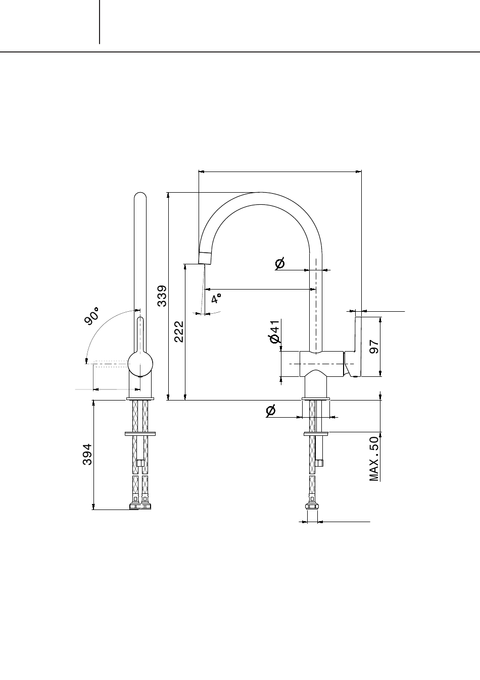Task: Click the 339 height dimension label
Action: [x=162, y=296]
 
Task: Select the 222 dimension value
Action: [x=179, y=331]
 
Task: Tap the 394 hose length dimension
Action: [x=87, y=454]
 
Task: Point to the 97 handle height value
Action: [x=374, y=347]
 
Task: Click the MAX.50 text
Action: [x=374, y=459]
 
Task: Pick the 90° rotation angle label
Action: [x=92, y=317]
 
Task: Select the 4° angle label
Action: [x=216, y=299]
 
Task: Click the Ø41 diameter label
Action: [x=274, y=332]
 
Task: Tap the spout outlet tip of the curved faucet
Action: [x=205, y=258]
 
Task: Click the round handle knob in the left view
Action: [x=140, y=363]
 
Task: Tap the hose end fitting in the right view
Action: [x=312, y=506]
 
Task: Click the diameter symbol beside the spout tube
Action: [x=279, y=263]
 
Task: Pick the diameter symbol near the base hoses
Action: [x=270, y=411]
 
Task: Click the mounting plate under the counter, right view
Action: [x=316, y=433]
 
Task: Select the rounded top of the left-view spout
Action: [x=140, y=196]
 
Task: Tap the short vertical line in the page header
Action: [x=100, y=22]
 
